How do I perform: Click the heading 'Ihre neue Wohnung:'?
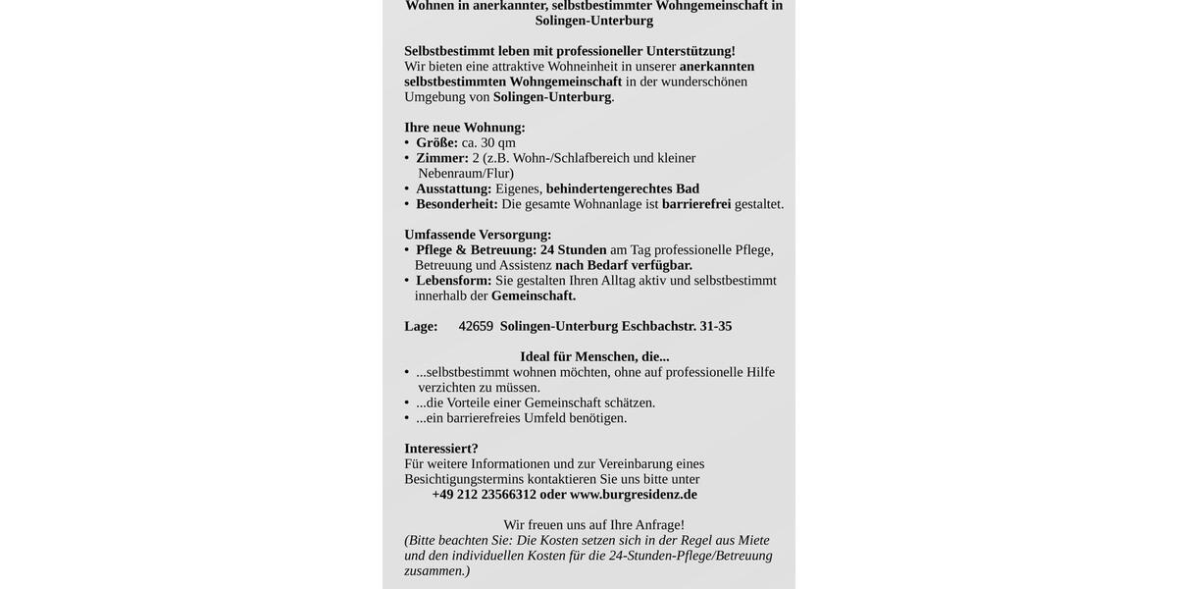click(465, 128)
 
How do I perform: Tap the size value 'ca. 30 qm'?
click(488, 142)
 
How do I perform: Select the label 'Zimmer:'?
click(442, 158)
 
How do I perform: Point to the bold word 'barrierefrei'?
click(696, 204)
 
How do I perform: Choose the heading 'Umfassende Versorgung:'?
click(478, 235)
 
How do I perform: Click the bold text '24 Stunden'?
click(574, 249)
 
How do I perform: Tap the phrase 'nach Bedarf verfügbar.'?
click(624, 265)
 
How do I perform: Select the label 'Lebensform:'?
click(454, 281)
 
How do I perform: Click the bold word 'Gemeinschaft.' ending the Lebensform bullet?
click(534, 295)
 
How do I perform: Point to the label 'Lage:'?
click(421, 326)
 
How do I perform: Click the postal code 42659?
click(476, 326)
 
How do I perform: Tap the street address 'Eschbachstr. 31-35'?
click(677, 326)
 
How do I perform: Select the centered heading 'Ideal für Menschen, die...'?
click(594, 356)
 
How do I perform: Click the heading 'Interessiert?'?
click(441, 449)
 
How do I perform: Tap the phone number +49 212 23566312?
click(485, 495)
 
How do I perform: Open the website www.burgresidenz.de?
click(634, 495)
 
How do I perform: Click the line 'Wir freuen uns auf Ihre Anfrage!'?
click(594, 525)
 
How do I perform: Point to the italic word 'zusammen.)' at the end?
click(437, 570)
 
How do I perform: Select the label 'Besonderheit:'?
click(457, 204)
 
